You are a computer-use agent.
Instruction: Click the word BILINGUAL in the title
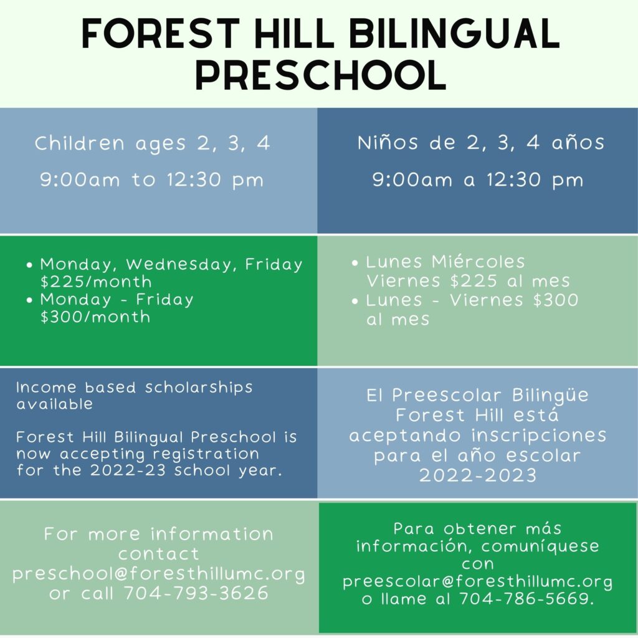click(454, 34)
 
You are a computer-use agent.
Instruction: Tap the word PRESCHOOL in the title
click(321, 75)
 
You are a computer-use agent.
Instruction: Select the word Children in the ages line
click(80, 143)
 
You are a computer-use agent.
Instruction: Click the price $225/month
click(96, 282)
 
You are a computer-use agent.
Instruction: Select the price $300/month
click(95, 317)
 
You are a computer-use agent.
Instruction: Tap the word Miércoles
click(478, 262)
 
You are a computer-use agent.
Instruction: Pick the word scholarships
click(199, 388)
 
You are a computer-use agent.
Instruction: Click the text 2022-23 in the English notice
click(128, 470)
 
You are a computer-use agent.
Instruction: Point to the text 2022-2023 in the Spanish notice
click(478, 475)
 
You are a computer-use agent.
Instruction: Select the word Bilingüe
click(550, 396)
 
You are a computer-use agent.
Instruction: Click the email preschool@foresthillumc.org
click(159, 574)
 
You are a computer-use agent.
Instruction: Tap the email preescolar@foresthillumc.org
click(477, 581)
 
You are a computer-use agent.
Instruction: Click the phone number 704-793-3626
click(196, 593)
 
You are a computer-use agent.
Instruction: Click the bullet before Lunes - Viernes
click(355, 302)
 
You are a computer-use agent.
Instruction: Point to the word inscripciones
click(539, 436)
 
